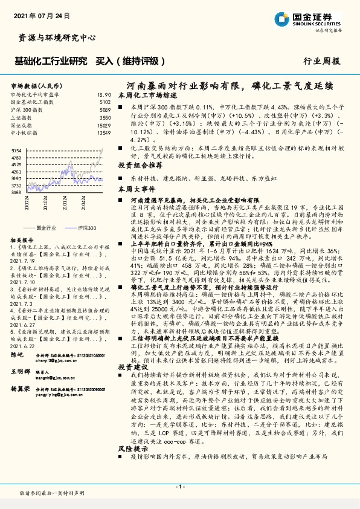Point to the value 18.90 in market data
tap(104, 95)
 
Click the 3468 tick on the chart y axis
tap(17, 192)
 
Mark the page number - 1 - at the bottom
tap(179, 487)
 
